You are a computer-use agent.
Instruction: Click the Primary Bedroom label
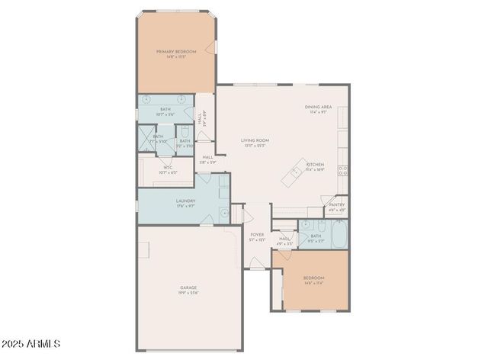[x=176, y=51]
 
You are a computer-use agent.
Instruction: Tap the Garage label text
[x=188, y=288]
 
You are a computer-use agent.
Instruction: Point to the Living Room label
[x=255, y=140]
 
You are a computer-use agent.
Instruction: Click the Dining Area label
[x=318, y=108]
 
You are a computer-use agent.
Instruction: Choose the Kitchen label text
[x=315, y=164]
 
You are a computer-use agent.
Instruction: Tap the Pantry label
[x=336, y=204]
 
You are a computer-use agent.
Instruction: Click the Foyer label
[x=257, y=235]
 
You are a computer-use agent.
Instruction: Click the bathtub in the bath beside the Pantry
[x=338, y=234]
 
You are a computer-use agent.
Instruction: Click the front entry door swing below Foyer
[x=255, y=263]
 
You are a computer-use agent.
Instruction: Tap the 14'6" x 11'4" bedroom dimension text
[x=314, y=282]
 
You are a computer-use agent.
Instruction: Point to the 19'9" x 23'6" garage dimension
[x=188, y=293]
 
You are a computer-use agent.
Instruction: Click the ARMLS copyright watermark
[x=31, y=345]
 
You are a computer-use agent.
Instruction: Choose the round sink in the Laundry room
[x=224, y=213]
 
